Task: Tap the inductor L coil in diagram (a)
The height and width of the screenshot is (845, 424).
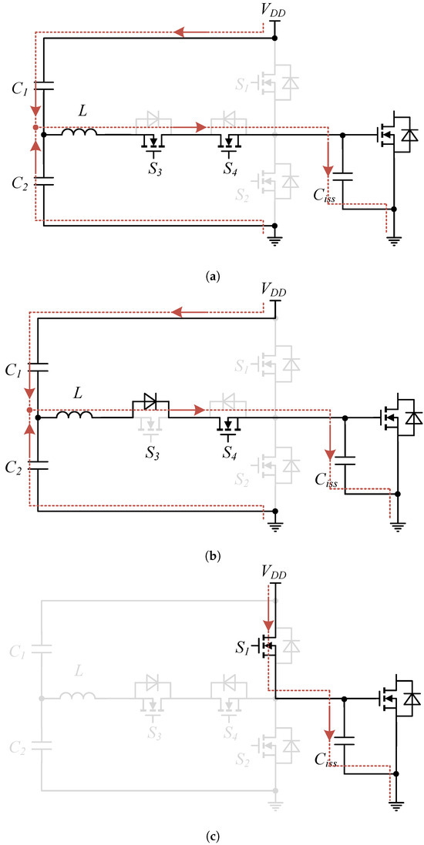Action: (x=80, y=135)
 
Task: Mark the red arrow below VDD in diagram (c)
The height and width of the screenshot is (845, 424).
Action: (x=268, y=616)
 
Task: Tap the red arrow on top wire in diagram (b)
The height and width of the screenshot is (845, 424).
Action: (x=182, y=313)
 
